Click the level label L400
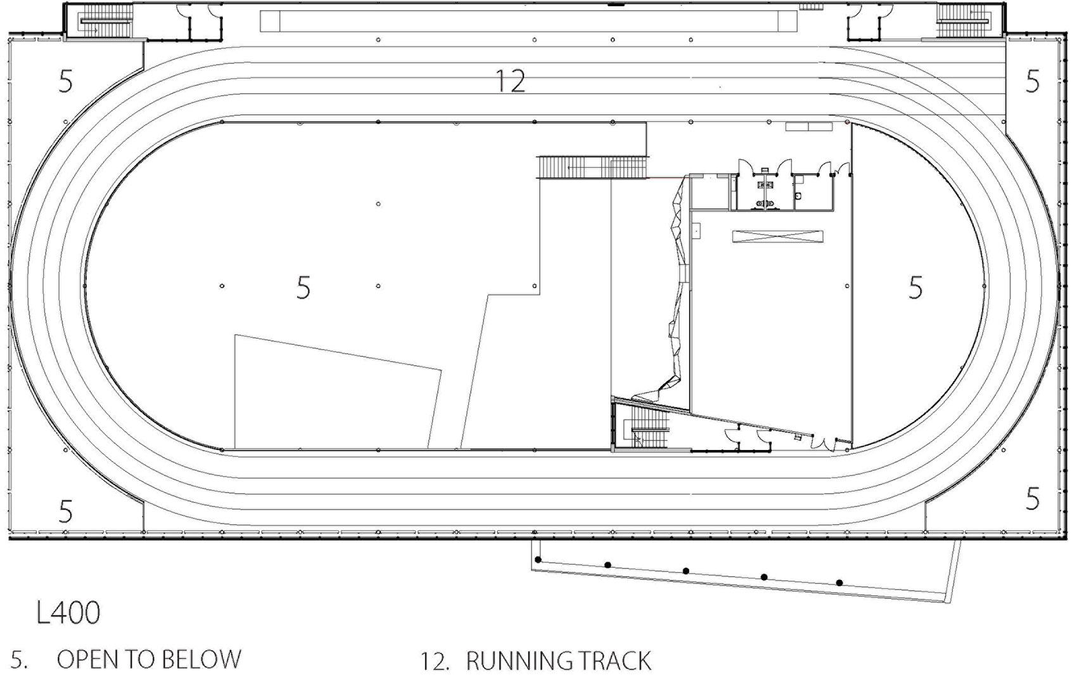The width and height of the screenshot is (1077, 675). tap(68, 612)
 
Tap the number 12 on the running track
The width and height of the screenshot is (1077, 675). tap(510, 81)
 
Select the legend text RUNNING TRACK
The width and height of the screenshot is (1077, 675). tap(559, 661)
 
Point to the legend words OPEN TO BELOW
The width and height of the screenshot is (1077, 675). tap(149, 659)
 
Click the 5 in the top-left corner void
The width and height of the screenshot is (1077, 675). tap(65, 81)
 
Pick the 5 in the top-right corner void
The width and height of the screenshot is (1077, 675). tap(1032, 81)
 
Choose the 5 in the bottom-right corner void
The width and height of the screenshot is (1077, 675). tap(1032, 498)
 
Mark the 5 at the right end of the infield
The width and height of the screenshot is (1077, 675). tap(915, 288)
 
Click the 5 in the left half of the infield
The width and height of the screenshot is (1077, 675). tap(303, 288)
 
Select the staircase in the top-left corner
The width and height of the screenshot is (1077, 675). tap(105, 21)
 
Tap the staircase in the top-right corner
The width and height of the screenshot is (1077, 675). tap(963, 21)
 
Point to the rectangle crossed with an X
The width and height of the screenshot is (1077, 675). tap(777, 236)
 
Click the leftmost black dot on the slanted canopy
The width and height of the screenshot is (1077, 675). tap(538, 560)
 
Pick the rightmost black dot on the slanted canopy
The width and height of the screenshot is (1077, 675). tap(839, 582)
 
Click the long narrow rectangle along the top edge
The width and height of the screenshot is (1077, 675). tap(528, 21)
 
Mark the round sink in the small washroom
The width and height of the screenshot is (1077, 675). tap(798, 196)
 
